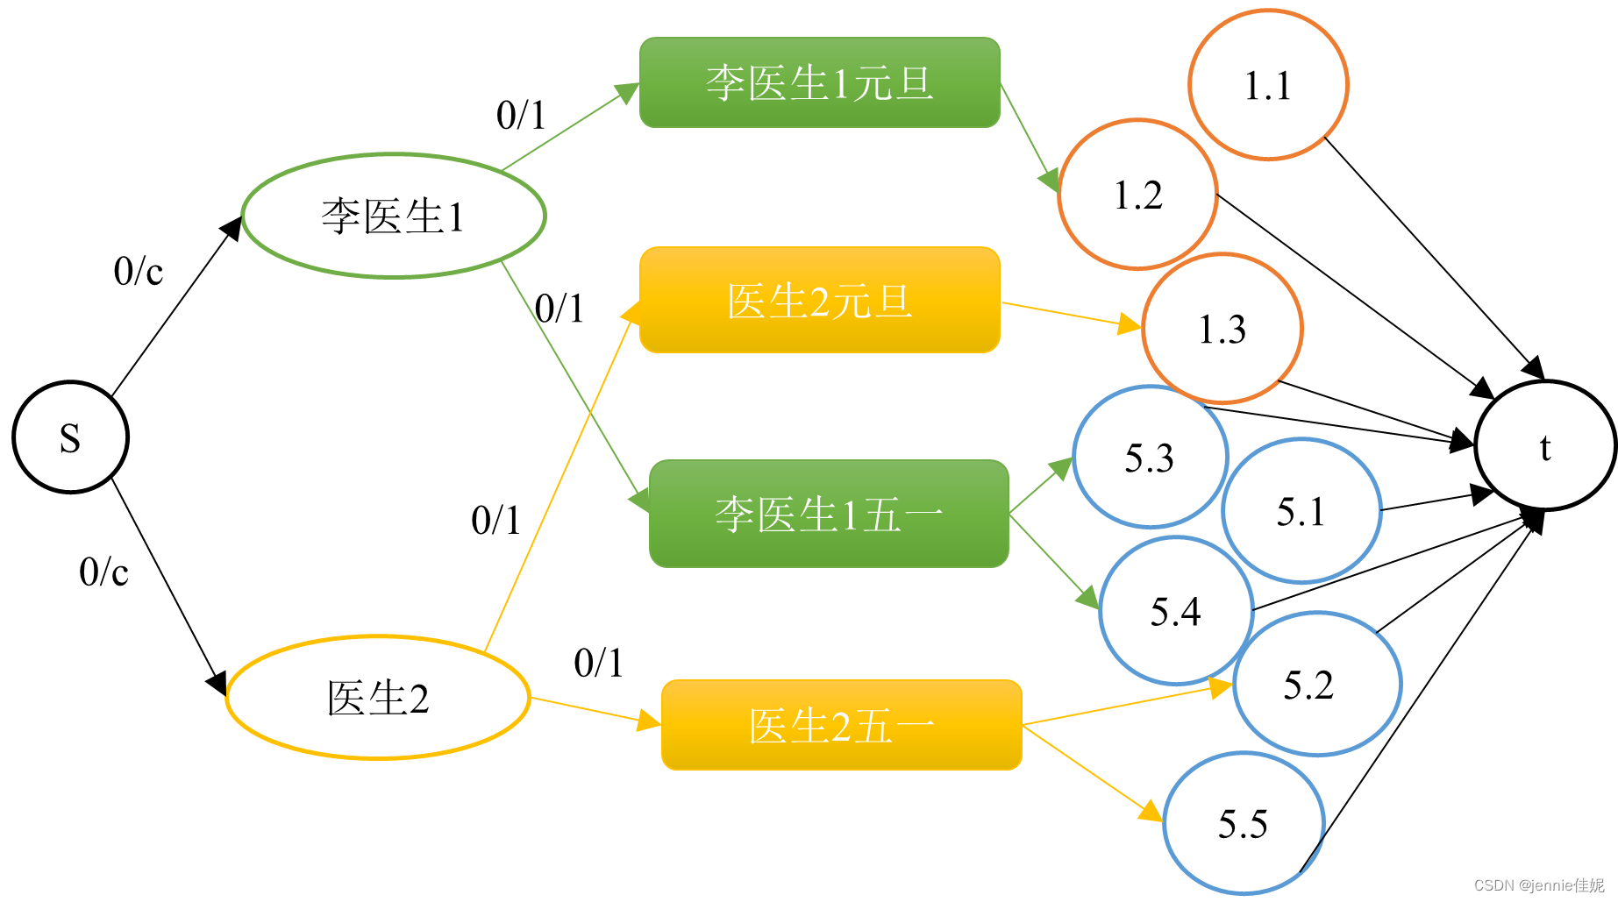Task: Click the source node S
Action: coord(70,437)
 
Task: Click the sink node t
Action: coord(1545,445)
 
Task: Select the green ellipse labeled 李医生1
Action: coord(394,216)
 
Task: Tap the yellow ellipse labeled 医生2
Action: coord(378,698)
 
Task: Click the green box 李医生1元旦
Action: coord(820,82)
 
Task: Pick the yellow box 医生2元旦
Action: coord(820,301)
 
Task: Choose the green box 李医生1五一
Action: coord(829,514)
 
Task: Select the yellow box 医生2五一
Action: coord(842,726)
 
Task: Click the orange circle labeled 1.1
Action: coord(1268,85)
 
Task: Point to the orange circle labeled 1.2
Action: coord(1137,195)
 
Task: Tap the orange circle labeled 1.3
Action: coord(1222,329)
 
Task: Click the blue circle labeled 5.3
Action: coord(1150,458)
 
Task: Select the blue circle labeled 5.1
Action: coord(1301,511)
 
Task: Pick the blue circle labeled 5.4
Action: coord(1176,611)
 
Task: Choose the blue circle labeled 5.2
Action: coord(1317,684)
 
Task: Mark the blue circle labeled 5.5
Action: coord(1243,824)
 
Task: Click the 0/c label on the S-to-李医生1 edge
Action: coord(139,271)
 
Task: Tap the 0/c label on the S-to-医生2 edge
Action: coord(103,572)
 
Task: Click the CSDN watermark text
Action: coord(1539,885)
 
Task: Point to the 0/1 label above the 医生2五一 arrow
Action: coord(598,663)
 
